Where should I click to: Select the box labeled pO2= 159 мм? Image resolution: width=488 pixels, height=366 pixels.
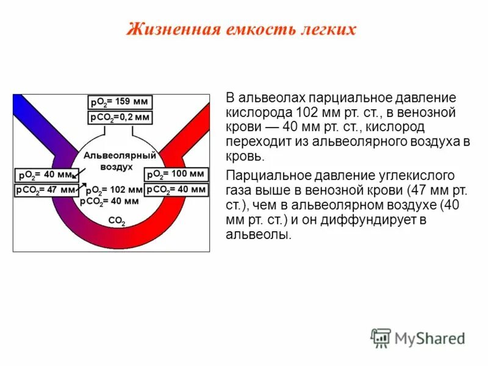pyautogui.click(x=120, y=102)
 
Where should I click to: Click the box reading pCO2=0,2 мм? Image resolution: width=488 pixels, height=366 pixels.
pyautogui.click(x=120, y=118)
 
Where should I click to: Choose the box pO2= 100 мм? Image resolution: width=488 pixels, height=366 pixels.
pyautogui.click(x=176, y=174)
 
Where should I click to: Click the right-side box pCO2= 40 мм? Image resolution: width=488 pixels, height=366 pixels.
pyautogui.click(x=176, y=190)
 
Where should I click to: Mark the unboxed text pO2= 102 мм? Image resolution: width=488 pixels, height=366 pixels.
pyautogui.click(x=113, y=190)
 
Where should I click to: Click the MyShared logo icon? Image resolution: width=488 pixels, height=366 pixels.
pyautogui.click(x=381, y=338)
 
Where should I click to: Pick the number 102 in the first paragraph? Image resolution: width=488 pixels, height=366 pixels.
pyautogui.click(x=306, y=113)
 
